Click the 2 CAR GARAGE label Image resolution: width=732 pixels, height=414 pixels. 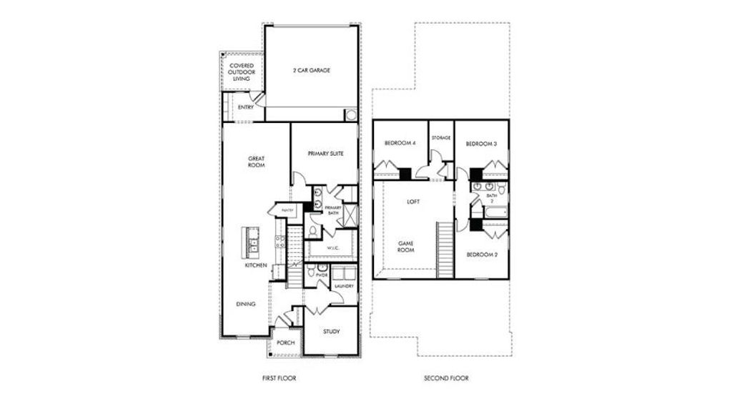tap(312, 71)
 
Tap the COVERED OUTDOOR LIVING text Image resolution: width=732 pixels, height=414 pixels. tap(242, 72)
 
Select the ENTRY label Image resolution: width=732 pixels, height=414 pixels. tap(245, 107)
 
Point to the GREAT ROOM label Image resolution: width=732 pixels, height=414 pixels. tap(257, 162)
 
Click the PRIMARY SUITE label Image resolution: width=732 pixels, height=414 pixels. tap(325, 153)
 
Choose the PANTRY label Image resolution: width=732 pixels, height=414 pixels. tap(288, 210)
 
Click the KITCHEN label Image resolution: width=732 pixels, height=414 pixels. tap(256, 265)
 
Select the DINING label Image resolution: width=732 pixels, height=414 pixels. tap(246, 304)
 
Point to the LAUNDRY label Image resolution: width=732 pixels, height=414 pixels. tap(344, 287)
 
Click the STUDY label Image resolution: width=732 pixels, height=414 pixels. tap(331, 331)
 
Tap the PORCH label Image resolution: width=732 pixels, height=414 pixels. tap(286, 342)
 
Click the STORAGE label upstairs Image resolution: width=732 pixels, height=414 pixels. tap(441, 137)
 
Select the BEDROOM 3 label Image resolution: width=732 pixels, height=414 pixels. tap(481, 144)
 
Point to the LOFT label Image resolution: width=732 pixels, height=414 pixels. tap(413, 202)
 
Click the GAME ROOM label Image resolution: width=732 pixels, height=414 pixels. tap(407, 247)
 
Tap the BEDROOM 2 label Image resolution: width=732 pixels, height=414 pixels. tap(483, 255)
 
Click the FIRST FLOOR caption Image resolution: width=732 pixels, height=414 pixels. tap(280, 378)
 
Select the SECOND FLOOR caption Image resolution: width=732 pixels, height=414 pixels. tap(447, 378)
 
